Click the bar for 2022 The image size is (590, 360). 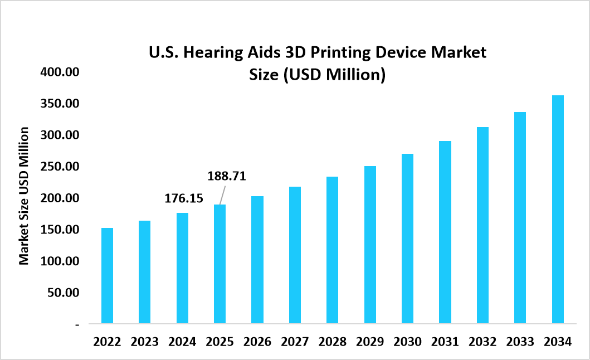107,275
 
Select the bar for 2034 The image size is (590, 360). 558,209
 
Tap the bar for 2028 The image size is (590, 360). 332,250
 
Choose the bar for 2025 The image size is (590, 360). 220,264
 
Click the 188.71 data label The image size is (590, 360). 227,176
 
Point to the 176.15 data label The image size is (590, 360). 184,198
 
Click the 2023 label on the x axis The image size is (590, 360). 144,342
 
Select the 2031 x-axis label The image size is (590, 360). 445,342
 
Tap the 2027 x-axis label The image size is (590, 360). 295,342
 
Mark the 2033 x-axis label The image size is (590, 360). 520,342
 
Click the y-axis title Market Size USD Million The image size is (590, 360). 24,196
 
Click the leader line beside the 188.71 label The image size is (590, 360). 221,196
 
